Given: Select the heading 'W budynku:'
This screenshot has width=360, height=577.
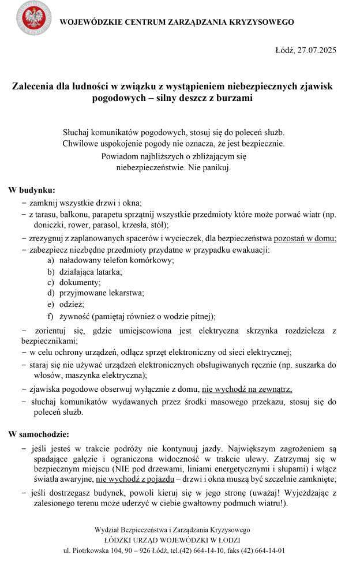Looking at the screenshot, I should click(32, 190).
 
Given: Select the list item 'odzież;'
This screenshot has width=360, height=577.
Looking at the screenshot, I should click(72, 304).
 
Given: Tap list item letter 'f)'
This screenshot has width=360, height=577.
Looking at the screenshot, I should click(51, 316).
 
